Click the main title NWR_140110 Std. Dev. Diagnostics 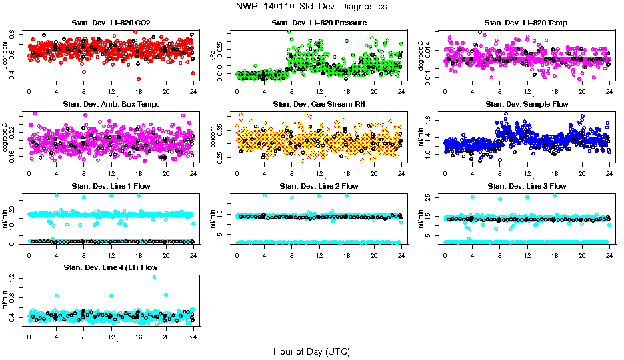pos(311,7)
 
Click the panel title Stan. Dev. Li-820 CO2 pos(111,23)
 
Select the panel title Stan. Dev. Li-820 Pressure pos(319,23)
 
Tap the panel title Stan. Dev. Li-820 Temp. pos(527,23)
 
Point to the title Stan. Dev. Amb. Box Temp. pos(111,104)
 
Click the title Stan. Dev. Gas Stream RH pos(319,104)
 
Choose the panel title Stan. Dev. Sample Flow pos(527,104)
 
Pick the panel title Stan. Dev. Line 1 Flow pos(111,186)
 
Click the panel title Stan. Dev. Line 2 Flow pos(319,186)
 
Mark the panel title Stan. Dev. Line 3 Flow pos(527,186)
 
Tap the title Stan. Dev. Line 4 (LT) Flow pos(111,267)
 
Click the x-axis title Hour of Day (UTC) pos(311,351)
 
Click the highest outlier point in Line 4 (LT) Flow pos(154,277)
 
